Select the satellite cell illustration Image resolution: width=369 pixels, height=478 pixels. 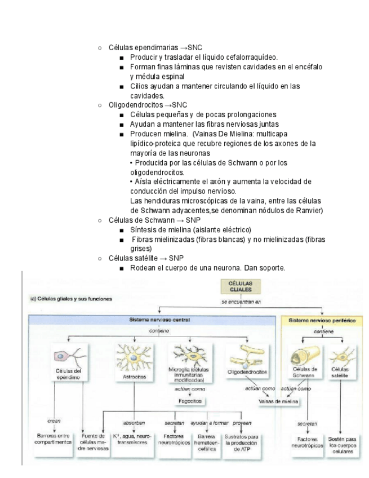point(340,356)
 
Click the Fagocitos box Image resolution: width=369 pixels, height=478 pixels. point(188,401)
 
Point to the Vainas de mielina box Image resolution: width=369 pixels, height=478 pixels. point(278,401)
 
